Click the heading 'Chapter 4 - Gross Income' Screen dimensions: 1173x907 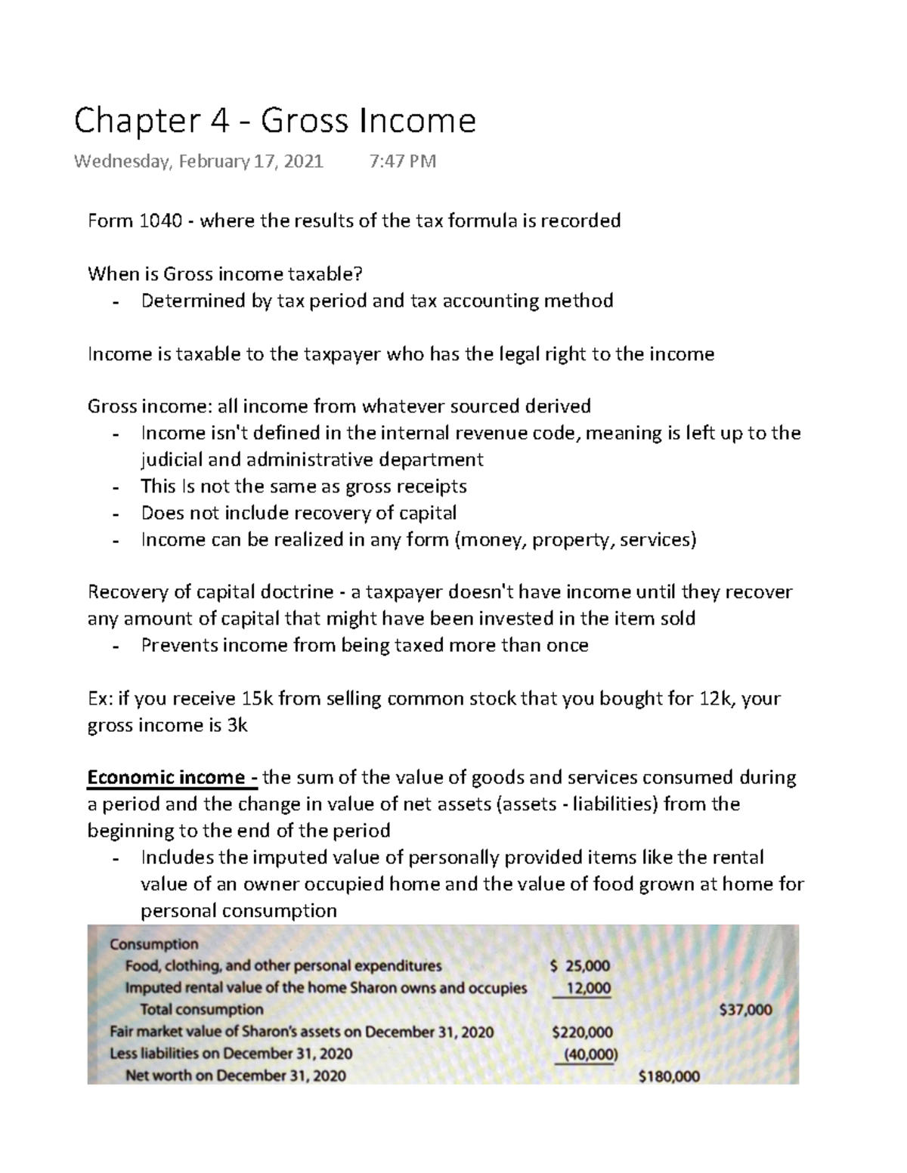click(274, 121)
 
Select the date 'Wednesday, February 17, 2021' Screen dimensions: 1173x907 click(198, 162)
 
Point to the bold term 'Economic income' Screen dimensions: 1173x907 click(166, 777)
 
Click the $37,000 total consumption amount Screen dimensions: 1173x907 click(745, 1009)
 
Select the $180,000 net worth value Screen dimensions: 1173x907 click(668, 1076)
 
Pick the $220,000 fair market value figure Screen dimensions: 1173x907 click(582, 1032)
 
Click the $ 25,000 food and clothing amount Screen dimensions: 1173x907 click(580, 965)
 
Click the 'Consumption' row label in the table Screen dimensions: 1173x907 click(154, 944)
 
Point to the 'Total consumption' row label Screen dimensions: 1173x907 click(202, 1010)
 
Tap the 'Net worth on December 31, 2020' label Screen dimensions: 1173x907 click(235, 1076)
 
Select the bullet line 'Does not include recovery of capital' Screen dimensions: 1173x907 click(299, 513)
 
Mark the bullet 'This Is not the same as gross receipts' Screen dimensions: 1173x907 click(304, 486)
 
